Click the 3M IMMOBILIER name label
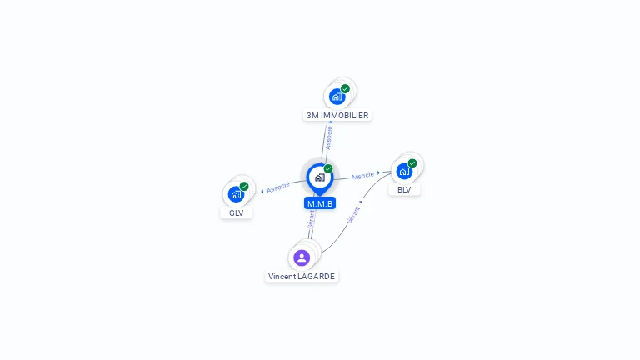337,116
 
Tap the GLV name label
237,213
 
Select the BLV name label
404,190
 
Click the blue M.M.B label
320,203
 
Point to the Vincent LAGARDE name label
302,277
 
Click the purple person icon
302,257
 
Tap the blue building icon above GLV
236,194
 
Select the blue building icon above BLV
404,172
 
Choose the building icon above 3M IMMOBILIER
337,97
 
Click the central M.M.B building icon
320,177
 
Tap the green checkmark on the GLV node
244,187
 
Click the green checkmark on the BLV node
412,163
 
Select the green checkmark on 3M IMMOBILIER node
345,89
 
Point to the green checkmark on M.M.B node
328,168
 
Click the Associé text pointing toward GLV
278,187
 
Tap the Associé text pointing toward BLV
362,176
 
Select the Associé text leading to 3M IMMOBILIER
328,138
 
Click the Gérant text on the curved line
353,215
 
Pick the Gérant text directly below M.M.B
312,220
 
